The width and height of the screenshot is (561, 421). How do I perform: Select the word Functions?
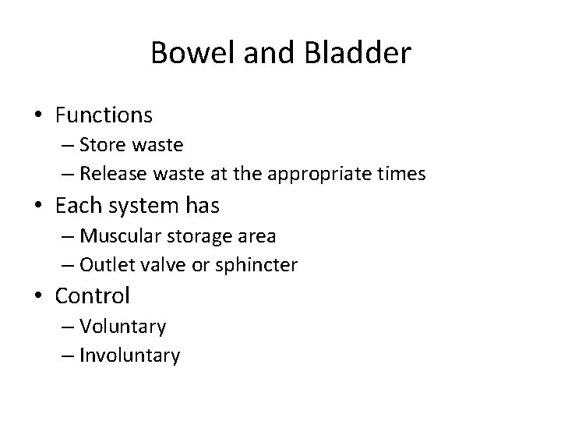pos(104,115)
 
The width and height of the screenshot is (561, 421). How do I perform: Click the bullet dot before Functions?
pos(37,116)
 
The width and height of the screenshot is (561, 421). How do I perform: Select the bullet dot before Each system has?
pos(37,206)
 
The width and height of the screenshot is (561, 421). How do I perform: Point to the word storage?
pos(190,236)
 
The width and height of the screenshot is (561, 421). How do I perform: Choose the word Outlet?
pos(106,264)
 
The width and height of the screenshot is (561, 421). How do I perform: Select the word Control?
pos(92,295)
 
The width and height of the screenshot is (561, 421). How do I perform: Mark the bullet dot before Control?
pos(37,296)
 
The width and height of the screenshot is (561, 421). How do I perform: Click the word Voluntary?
pos(123,327)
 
